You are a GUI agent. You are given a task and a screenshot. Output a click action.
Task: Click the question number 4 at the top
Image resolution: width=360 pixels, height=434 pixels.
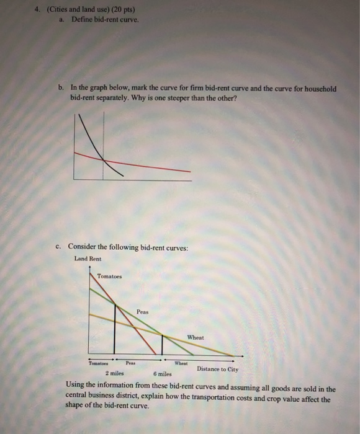click(37, 10)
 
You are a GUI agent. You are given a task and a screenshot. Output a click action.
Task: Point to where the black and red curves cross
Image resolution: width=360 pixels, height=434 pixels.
click(103, 159)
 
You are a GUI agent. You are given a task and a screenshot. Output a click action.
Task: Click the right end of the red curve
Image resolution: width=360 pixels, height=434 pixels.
click(190, 170)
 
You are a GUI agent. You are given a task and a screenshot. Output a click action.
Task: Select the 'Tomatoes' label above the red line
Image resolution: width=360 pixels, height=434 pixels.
click(110, 276)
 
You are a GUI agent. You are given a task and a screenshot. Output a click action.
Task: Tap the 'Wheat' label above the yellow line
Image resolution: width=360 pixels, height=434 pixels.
click(195, 337)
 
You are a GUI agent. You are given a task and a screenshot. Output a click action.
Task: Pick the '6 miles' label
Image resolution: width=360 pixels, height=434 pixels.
click(162, 374)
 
